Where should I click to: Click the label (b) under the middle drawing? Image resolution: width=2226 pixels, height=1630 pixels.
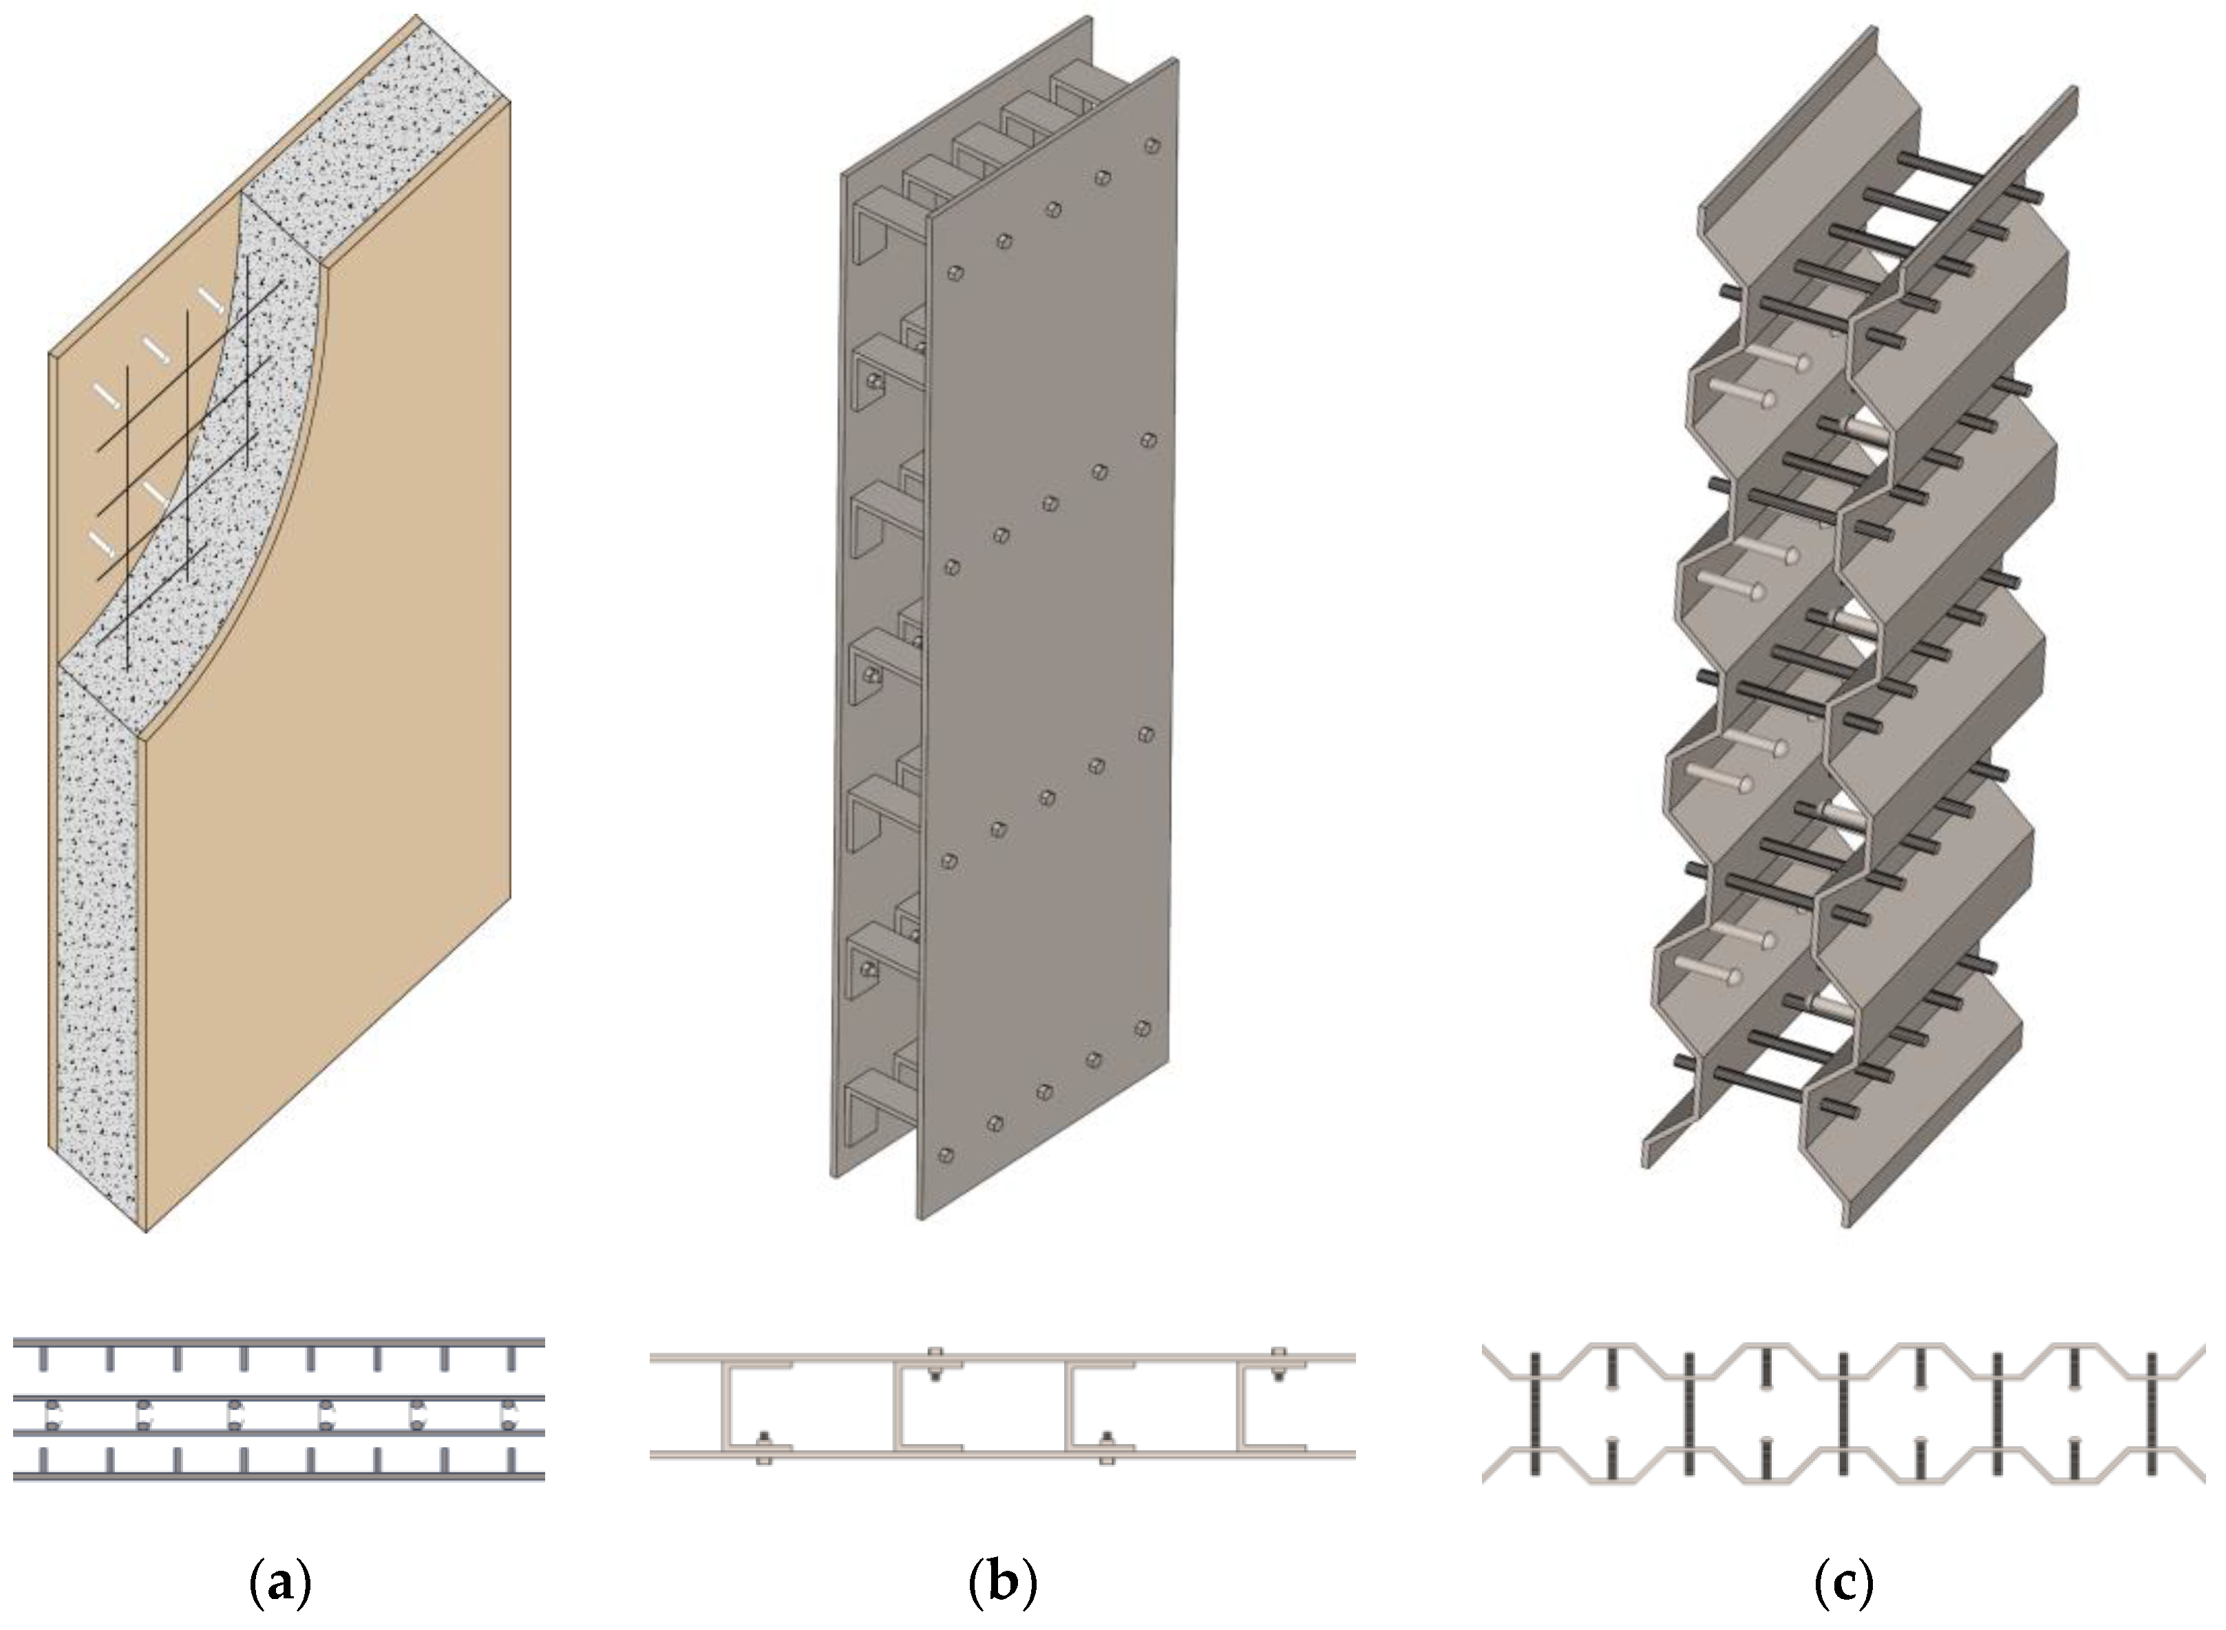click(x=1002, y=1584)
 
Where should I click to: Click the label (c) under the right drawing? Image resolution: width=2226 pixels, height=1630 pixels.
click(x=1843, y=1584)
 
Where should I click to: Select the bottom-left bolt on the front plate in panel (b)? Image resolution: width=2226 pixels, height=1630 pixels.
click(x=946, y=1154)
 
